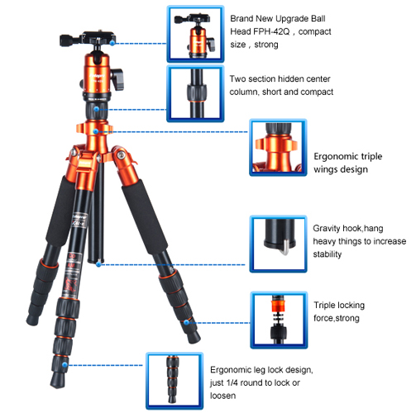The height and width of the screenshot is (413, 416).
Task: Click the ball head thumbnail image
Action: [195, 34]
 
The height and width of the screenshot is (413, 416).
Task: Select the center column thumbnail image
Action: [195, 93]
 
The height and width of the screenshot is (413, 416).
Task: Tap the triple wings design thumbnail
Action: [278, 148]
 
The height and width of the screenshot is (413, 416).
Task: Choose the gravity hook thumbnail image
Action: [278, 244]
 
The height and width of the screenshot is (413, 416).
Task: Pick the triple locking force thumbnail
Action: [279, 320]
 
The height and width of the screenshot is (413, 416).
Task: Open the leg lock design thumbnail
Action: [175, 380]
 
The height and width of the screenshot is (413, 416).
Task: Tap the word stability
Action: [328, 254]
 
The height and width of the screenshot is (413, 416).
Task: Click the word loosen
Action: [222, 396]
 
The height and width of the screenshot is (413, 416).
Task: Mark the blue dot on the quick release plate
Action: [112, 43]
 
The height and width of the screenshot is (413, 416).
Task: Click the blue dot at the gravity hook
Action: [98, 264]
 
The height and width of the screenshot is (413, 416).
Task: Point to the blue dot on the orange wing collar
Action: [95, 131]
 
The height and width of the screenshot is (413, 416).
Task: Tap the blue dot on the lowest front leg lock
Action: [65, 365]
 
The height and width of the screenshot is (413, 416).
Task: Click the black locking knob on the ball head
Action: [117, 79]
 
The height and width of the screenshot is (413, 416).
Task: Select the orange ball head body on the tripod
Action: [97, 74]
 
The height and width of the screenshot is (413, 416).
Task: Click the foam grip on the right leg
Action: [144, 216]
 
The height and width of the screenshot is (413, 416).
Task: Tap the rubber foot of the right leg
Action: [194, 337]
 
